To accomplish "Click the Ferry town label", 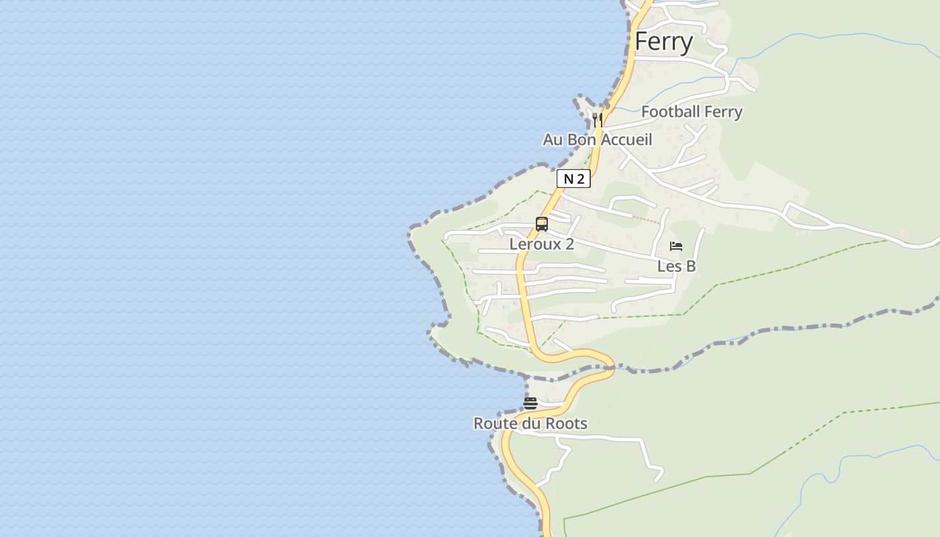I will click(x=663, y=42).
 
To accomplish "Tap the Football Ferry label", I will click(x=692, y=111).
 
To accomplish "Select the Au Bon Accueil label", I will click(x=597, y=140).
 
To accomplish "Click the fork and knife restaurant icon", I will click(x=597, y=119).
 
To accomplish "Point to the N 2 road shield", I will click(x=573, y=179).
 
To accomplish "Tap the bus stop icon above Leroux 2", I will click(x=541, y=224).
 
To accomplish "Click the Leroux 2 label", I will click(x=541, y=244).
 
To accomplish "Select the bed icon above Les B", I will click(x=675, y=246).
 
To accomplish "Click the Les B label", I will click(x=676, y=266).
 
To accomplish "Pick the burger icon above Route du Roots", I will click(x=530, y=403).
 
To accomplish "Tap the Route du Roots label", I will click(x=530, y=424).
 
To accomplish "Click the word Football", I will click(x=670, y=111).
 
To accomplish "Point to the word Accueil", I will click(x=626, y=140).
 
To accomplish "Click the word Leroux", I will click(x=534, y=244).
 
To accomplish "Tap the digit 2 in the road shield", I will click(x=581, y=179).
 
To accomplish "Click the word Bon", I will click(x=582, y=140).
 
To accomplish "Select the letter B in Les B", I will click(x=690, y=266).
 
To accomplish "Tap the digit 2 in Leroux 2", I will click(x=569, y=244).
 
